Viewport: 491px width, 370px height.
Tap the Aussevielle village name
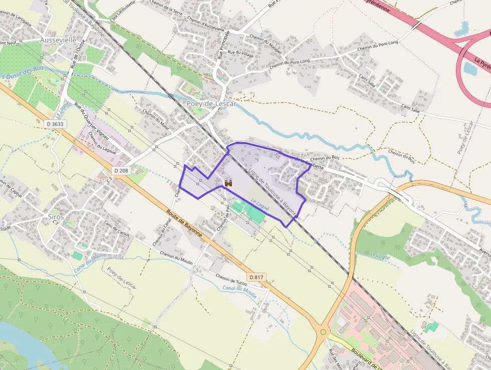pyautogui.click(x=58, y=39)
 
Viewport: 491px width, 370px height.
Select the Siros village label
pyautogui.click(x=56, y=217)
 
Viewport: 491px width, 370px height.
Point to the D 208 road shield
pyautogui.click(x=121, y=171)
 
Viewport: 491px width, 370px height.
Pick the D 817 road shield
pyautogui.click(x=256, y=277)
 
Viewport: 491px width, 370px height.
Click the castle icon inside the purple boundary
pyautogui.click(x=229, y=183)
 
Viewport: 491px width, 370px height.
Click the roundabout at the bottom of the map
pyautogui.click(x=323, y=332)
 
